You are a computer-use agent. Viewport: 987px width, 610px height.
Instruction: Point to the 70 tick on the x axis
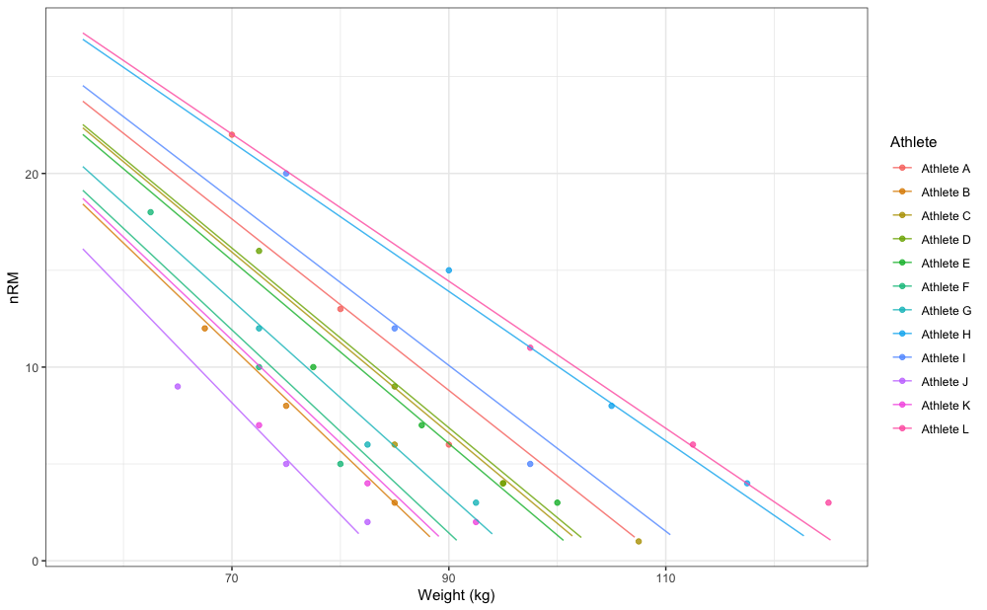click(232, 577)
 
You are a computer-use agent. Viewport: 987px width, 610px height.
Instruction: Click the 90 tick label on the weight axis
click(449, 577)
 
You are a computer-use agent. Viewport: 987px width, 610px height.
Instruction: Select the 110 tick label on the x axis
click(665, 577)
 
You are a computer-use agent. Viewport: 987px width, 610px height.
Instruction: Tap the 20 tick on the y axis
click(30, 174)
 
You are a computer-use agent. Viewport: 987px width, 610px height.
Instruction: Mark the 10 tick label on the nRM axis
click(30, 367)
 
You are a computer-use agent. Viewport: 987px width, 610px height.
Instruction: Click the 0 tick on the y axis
click(34, 561)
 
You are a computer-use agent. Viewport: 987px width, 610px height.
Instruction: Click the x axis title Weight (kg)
click(456, 596)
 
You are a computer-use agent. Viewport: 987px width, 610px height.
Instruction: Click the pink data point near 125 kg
click(828, 502)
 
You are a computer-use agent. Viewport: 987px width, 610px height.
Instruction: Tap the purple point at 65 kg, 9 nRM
click(178, 386)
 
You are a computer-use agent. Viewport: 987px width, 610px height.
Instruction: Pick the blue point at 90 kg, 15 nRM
click(449, 270)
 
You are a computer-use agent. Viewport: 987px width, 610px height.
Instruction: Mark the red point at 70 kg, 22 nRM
click(232, 134)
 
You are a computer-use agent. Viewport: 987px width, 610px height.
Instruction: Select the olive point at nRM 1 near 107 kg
click(639, 541)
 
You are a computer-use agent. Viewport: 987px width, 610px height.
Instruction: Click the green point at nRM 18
click(151, 212)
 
